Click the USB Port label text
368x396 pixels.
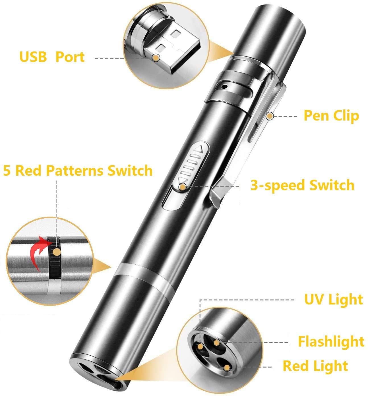click(52, 57)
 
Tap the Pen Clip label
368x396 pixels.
click(331, 116)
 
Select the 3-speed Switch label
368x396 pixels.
click(302, 185)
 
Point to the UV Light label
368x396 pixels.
click(334, 300)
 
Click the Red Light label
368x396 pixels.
click(315, 366)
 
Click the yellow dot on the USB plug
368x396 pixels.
click(156, 58)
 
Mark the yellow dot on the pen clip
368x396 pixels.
click(270, 116)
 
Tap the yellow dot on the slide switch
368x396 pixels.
click(182, 187)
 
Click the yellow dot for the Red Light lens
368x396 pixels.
click(227, 367)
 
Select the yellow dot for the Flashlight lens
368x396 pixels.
click(217, 343)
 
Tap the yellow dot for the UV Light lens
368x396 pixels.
click(200, 347)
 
